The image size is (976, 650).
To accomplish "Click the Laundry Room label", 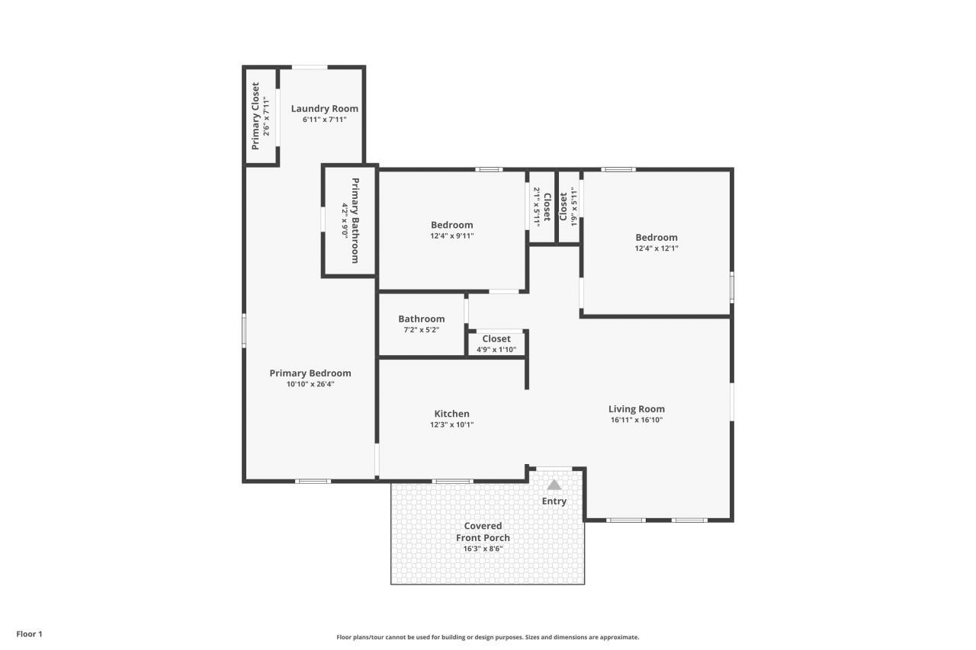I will point(324,109).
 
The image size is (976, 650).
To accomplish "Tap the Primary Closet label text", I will point(255,116).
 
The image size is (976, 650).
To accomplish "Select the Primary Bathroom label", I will point(355,220).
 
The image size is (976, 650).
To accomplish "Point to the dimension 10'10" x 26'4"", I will point(310,385).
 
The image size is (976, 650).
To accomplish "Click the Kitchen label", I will point(451,414).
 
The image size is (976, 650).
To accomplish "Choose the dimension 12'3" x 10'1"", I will point(451,425).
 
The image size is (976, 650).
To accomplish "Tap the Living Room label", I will point(636,408).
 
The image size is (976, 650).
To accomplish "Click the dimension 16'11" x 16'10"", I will point(636,420).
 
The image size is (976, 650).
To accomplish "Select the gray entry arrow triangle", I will point(554,485).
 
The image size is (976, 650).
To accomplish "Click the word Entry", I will point(554,501).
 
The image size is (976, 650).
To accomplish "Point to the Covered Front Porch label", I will point(483,532).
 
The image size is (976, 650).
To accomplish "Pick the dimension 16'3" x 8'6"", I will point(483,549).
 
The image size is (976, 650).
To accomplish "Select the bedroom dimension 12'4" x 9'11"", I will point(451,236).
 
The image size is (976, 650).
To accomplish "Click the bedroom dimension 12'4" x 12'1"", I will point(656,248).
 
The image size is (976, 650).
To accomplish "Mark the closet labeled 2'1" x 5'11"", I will point(541,207).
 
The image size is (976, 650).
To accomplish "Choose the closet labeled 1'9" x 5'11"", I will point(569,207).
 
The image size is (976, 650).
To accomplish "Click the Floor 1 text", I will point(29,634).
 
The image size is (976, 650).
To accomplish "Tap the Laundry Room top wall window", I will point(310,67).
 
